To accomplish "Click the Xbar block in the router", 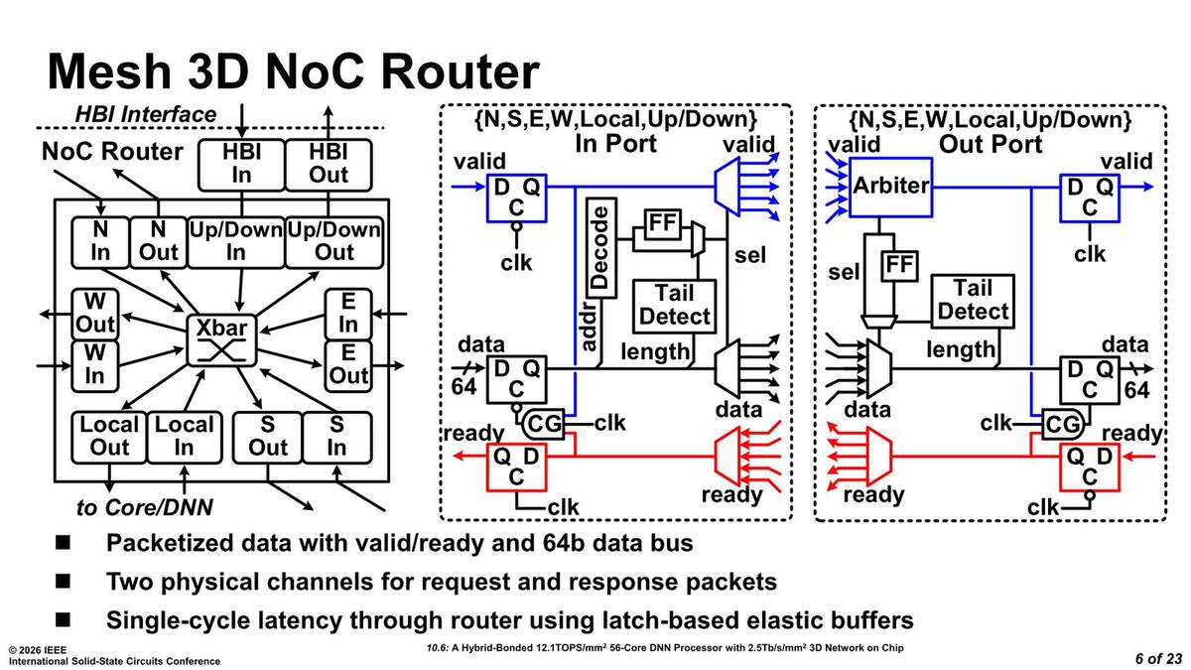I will coord(221,338).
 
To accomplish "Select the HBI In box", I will coord(242,164).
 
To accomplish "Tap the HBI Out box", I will coord(329,164).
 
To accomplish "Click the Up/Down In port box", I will coord(235,241).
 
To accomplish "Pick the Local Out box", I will coord(110,437).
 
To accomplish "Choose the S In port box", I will coord(337,437).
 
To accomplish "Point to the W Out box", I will coord(94,313).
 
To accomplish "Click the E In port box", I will coord(348,313).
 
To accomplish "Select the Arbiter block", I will coord(891,186).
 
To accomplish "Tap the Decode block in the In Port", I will coord(598,247).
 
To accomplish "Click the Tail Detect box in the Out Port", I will coord(973,300).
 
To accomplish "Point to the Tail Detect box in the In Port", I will coord(675,305).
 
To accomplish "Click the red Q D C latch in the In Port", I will coord(516,467).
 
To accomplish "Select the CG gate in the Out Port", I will coord(1061,425).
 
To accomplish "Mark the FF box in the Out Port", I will coord(898,266).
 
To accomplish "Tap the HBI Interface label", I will coord(146,114).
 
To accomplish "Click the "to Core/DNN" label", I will coord(145,508).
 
